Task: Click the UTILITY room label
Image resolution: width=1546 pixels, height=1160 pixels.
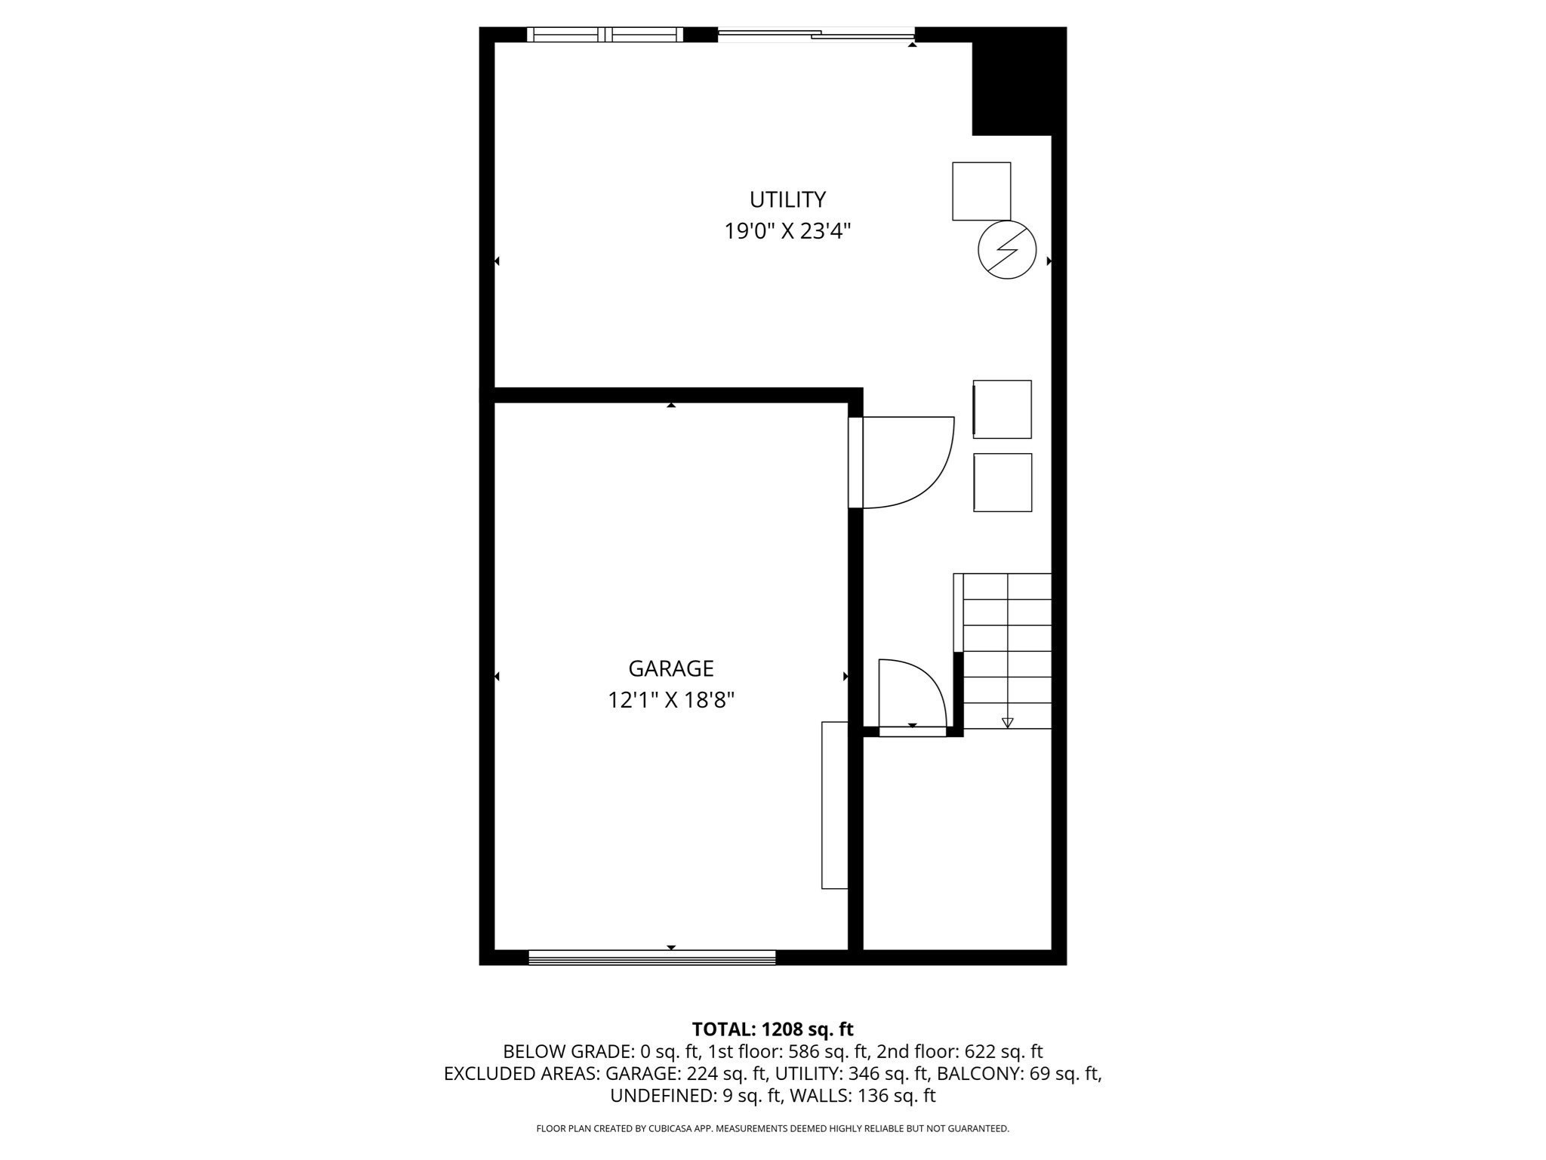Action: click(787, 199)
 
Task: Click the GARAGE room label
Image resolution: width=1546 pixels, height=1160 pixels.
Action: click(670, 668)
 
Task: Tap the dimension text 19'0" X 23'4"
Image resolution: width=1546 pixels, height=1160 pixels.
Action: click(787, 231)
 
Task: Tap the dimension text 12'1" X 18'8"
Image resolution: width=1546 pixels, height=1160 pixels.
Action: click(670, 701)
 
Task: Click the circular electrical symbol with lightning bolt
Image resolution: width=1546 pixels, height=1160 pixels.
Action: click(1006, 250)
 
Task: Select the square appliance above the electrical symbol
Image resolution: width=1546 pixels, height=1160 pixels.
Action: click(981, 191)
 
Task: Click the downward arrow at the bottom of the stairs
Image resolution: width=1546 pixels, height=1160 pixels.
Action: click(1007, 723)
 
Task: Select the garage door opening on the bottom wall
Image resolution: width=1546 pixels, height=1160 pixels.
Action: click(651, 958)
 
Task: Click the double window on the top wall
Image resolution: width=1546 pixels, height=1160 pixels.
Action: click(605, 34)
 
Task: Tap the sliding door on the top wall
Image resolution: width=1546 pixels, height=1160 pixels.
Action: click(815, 34)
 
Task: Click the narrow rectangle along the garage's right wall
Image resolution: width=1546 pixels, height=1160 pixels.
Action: click(834, 805)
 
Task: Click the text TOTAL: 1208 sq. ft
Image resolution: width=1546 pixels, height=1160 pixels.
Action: click(772, 1029)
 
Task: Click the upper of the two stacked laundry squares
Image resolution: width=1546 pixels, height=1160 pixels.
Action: click(1002, 409)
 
